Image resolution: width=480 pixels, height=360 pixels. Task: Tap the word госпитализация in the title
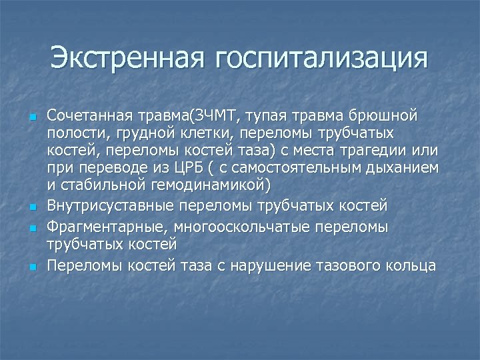point(321,59)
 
